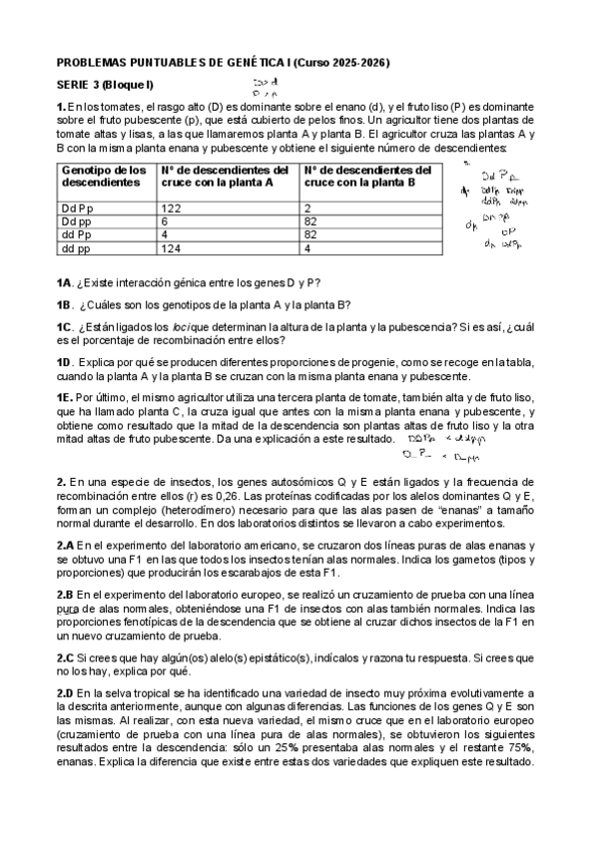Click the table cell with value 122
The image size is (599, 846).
pos(172,208)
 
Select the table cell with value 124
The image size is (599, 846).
pos(172,248)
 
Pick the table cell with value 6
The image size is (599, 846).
pos(165,221)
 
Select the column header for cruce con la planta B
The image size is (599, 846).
pos(367,177)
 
